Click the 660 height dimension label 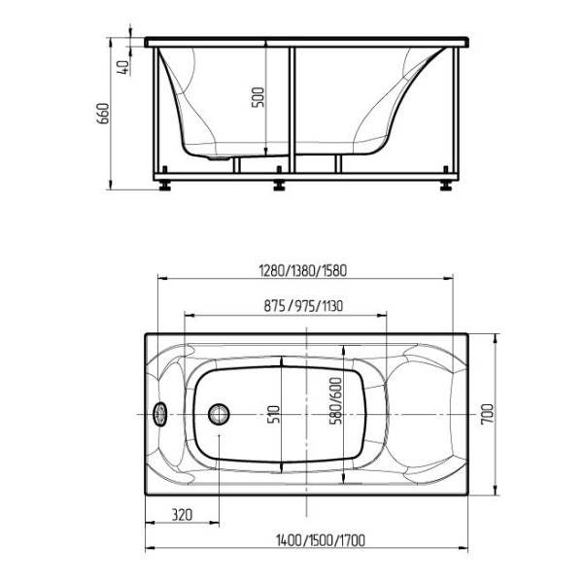click(103, 114)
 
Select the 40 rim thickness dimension click(123, 67)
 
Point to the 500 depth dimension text click(258, 97)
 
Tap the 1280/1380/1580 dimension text click(303, 271)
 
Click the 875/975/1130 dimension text click(303, 306)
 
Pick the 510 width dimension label click(274, 414)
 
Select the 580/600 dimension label click(335, 401)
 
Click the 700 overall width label click(487, 414)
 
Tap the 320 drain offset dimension click(182, 515)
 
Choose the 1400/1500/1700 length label click(321, 540)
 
